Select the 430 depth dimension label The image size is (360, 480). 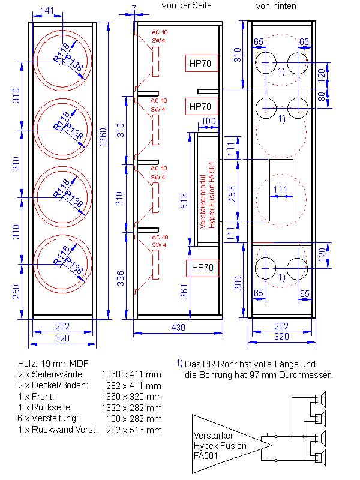pyautogui.click(x=179, y=328)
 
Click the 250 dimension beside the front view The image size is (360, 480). pyautogui.click(x=17, y=289)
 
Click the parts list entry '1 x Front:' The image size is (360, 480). pyautogui.click(x=37, y=397)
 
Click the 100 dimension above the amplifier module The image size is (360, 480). pyautogui.click(x=209, y=122)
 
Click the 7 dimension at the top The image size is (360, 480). pyautogui.click(x=133, y=8)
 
